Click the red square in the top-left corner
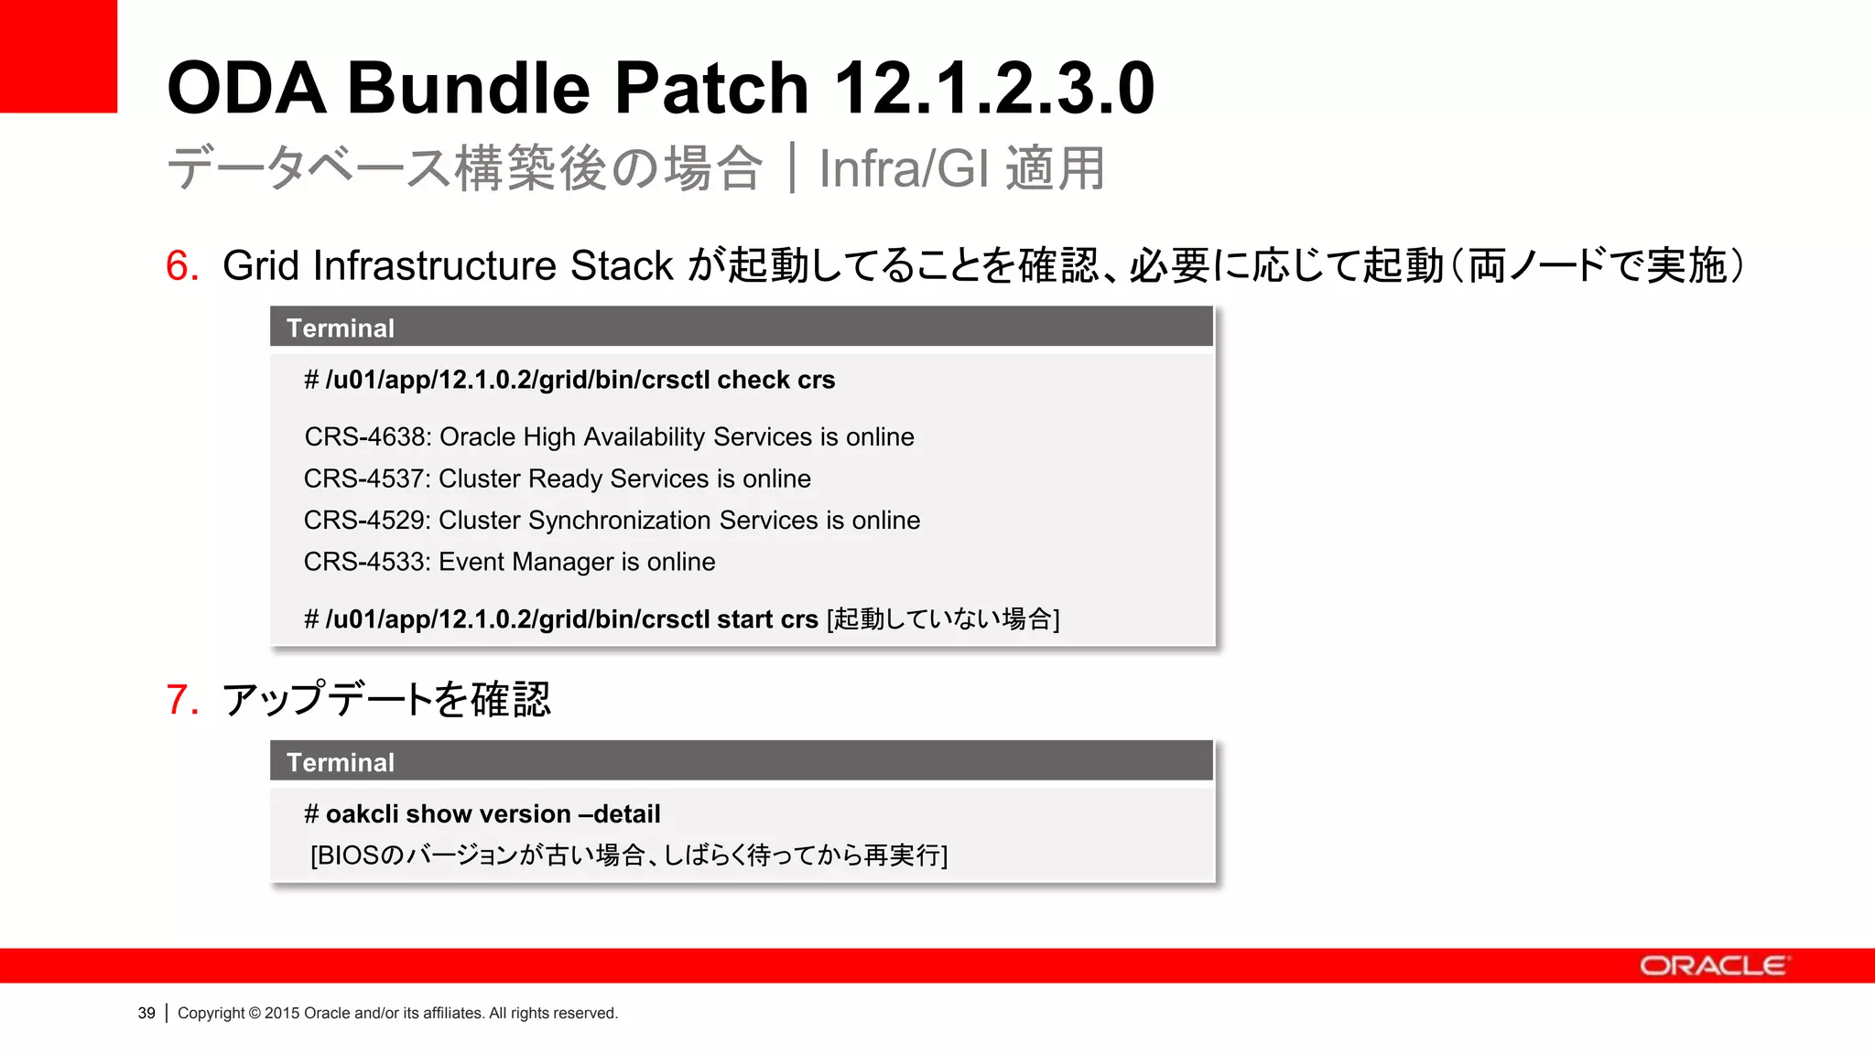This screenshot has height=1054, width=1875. coord(58,56)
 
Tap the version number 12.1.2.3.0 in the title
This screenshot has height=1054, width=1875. coord(994,88)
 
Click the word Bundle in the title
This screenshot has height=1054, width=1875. coord(468,88)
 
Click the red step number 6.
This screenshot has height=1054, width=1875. coord(181,266)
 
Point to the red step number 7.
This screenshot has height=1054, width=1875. coord(181,700)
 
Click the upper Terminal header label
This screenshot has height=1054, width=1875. coord(340,328)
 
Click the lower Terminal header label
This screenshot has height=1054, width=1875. coord(340,763)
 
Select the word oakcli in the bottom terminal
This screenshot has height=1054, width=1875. coord(362,814)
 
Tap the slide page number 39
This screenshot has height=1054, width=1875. coord(146,1014)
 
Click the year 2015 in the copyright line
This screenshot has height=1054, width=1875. coord(282,1014)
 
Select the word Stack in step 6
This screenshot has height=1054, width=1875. coord(622,266)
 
